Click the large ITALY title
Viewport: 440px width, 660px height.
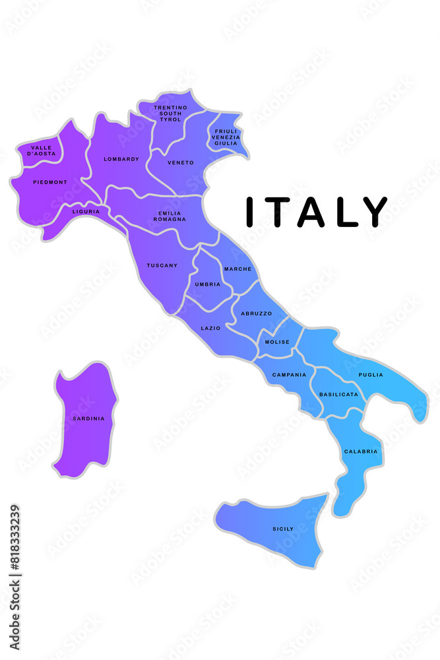316,212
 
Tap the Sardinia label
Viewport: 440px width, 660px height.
88,418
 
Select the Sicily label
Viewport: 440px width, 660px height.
283,529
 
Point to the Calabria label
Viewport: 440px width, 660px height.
361,451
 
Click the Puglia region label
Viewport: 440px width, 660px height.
371,375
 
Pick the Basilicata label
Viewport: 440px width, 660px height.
338,394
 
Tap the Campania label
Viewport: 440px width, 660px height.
289,375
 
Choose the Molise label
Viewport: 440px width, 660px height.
277,342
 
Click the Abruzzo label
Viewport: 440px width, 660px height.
256,313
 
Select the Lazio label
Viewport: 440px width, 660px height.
210,328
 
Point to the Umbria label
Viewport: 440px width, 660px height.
208,284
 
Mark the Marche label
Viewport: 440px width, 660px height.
237,269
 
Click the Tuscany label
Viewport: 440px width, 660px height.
162,265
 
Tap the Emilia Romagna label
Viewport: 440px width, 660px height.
172,216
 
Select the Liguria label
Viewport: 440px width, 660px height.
86,212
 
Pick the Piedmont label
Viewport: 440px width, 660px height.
50,181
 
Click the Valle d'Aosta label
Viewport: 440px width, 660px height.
42,150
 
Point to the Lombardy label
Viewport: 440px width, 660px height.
121,159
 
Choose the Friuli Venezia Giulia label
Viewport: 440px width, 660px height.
226,137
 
